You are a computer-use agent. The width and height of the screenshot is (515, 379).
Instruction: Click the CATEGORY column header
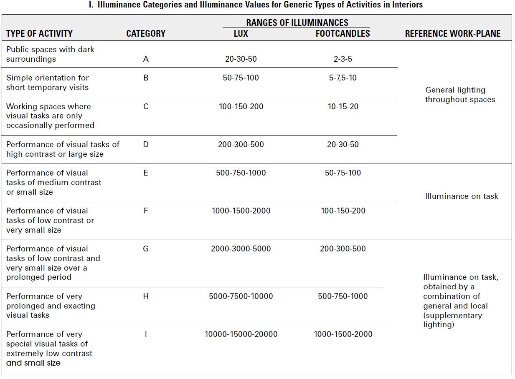click(146, 34)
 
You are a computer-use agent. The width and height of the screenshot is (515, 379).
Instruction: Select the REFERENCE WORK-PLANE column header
click(452, 34)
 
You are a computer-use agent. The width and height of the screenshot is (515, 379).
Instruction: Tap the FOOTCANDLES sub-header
click(342, 34)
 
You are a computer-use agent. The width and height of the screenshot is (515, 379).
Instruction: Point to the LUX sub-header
click(241, 34)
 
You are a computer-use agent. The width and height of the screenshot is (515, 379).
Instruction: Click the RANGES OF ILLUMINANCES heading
click(297, 23)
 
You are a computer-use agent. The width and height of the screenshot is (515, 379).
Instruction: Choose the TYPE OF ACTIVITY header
click(39, 34)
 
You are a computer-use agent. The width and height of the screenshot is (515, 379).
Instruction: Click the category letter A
click(146, 59)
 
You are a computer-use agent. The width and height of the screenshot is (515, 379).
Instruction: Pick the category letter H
click(146, 296)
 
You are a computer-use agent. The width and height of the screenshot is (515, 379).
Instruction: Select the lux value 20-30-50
click(241, 59)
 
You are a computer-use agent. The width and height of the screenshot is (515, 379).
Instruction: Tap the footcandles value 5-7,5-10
click(342, 78)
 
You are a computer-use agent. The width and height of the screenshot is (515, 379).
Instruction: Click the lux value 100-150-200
click(241, 107)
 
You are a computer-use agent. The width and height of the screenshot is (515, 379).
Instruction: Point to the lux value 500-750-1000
click(241, 173)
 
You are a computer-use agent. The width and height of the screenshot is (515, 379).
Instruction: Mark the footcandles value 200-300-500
click(342, 249)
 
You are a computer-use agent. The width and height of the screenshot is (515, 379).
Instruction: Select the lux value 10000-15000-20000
click(241, 334)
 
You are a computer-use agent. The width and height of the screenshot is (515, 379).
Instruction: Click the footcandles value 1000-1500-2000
click(343, 334)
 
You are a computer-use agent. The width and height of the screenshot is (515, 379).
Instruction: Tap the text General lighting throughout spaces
click(460, 95)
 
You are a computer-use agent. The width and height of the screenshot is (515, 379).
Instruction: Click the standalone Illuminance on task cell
click(461, 196)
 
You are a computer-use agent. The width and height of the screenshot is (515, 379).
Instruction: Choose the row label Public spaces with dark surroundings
click(50, 54)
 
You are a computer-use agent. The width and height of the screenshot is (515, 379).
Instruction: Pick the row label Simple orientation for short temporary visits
click(48, 83)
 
